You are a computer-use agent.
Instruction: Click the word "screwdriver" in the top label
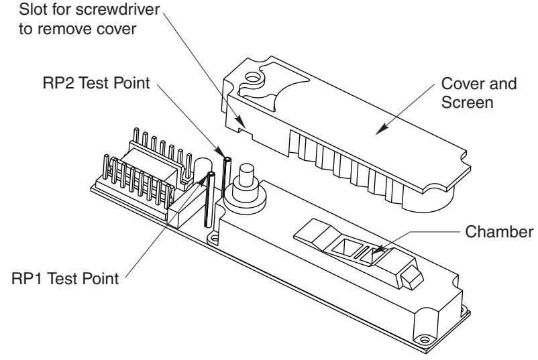(x=117, y=9)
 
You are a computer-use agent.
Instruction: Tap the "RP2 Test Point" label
(x=97, y=83)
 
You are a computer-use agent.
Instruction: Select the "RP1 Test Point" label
(x=65, y=278)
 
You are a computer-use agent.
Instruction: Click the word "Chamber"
(x=499, y=232)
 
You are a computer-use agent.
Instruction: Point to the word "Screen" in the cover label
(x=468, y=103)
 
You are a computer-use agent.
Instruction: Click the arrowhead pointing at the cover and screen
(x=382, y=129)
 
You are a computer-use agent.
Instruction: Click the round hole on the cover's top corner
(x=253, y=78)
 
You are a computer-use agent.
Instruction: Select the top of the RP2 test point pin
(x=227, y=159)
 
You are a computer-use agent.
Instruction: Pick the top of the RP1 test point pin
(x=211, y=174)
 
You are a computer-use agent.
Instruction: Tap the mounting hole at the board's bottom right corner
(x=425, y=340)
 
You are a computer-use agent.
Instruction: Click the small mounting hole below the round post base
(x=215, y=238)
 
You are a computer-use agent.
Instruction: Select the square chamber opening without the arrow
(x=343, y=247)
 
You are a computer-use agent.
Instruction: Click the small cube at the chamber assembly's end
(x=412, y=278)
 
